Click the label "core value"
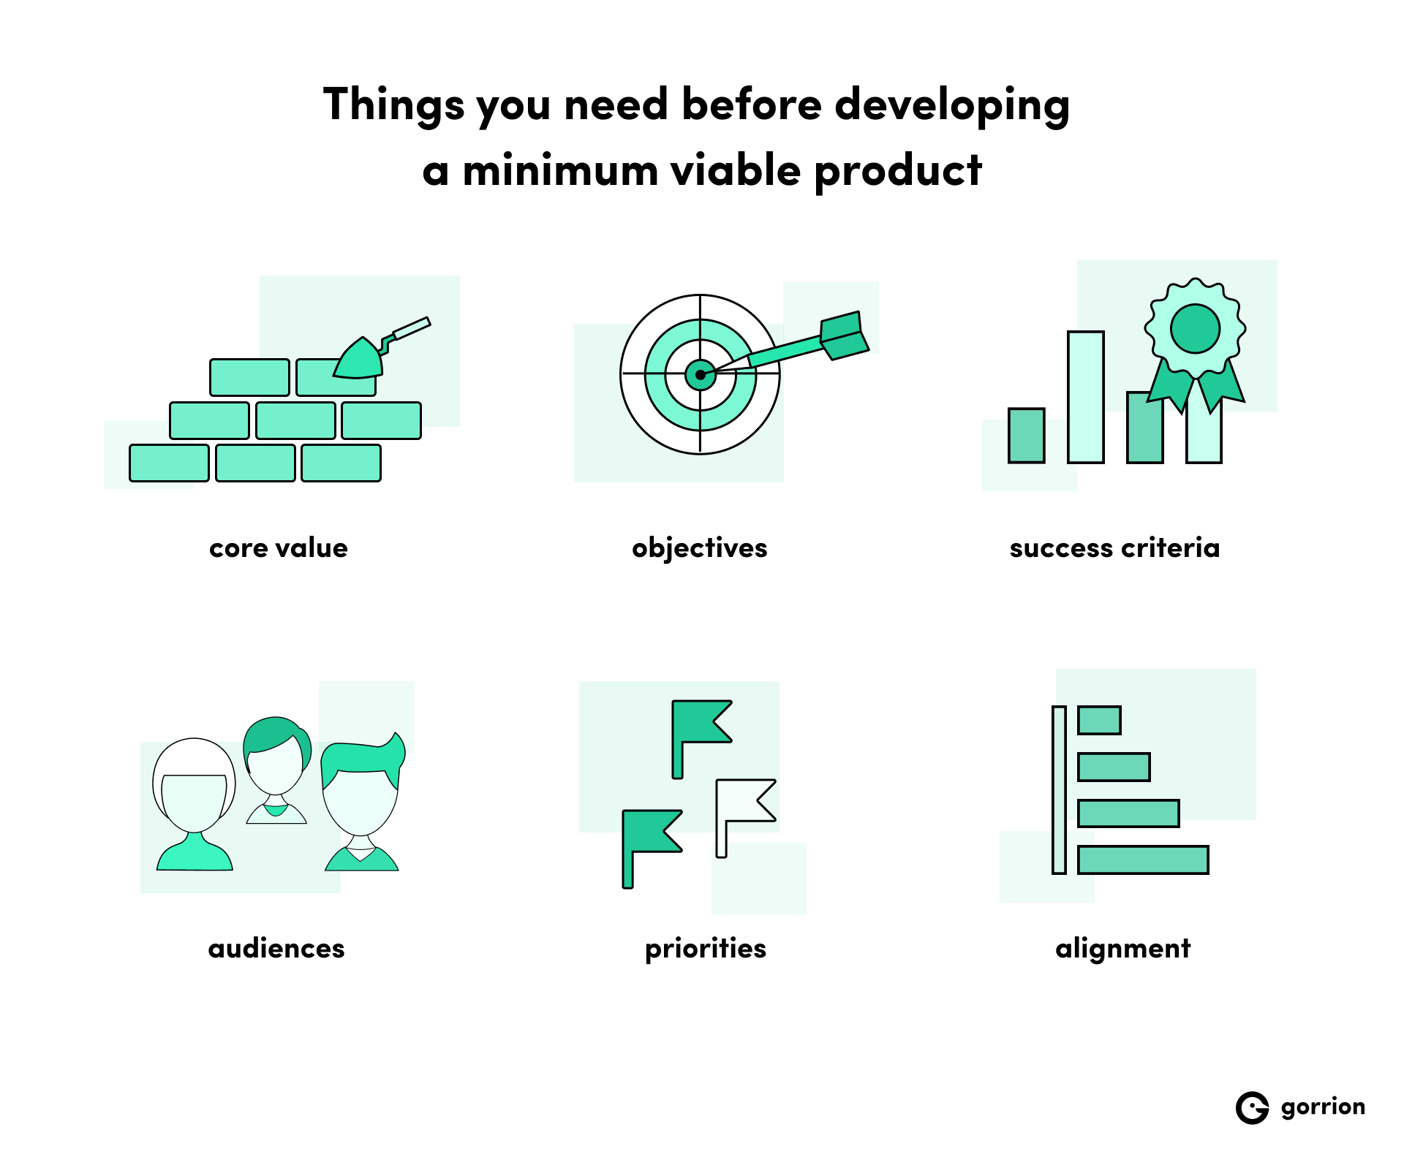[279, 548]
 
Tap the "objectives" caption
[699, 548]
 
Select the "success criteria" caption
[1114, 548]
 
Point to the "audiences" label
[276, 949]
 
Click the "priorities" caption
[706, 949]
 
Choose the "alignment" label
[1122, 949]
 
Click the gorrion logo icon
[1252, 1108]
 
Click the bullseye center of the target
[701, 375]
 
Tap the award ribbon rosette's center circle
[1195, 329]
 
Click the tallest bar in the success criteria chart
[1086, 397]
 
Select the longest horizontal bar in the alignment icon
[1143, 860]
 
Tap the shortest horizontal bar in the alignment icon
[1099, 721]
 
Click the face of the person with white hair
[194, 800]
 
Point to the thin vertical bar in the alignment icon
[1059, 790]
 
